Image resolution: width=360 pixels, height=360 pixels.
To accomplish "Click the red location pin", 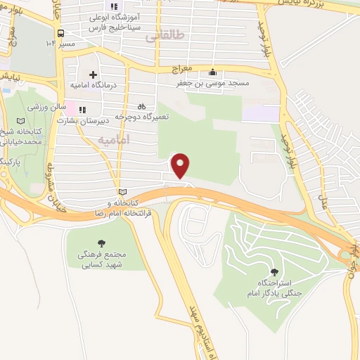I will tap(181, 165).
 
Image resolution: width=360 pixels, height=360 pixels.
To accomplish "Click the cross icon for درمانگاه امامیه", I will tap(93, 75).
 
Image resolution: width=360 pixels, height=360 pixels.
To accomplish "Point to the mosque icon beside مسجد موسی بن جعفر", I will tap(213, 72).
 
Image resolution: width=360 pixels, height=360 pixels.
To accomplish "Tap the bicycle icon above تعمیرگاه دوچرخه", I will tap(142, 106).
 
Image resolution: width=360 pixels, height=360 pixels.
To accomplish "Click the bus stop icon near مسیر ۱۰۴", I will tap(61, 33).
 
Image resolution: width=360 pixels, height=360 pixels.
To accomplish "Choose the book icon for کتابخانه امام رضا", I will tap(123, 192).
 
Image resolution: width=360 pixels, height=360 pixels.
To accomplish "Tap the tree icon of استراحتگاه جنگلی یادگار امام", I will tap(274, 272).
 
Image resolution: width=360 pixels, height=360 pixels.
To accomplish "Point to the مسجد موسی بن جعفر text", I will tap(213, 83).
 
